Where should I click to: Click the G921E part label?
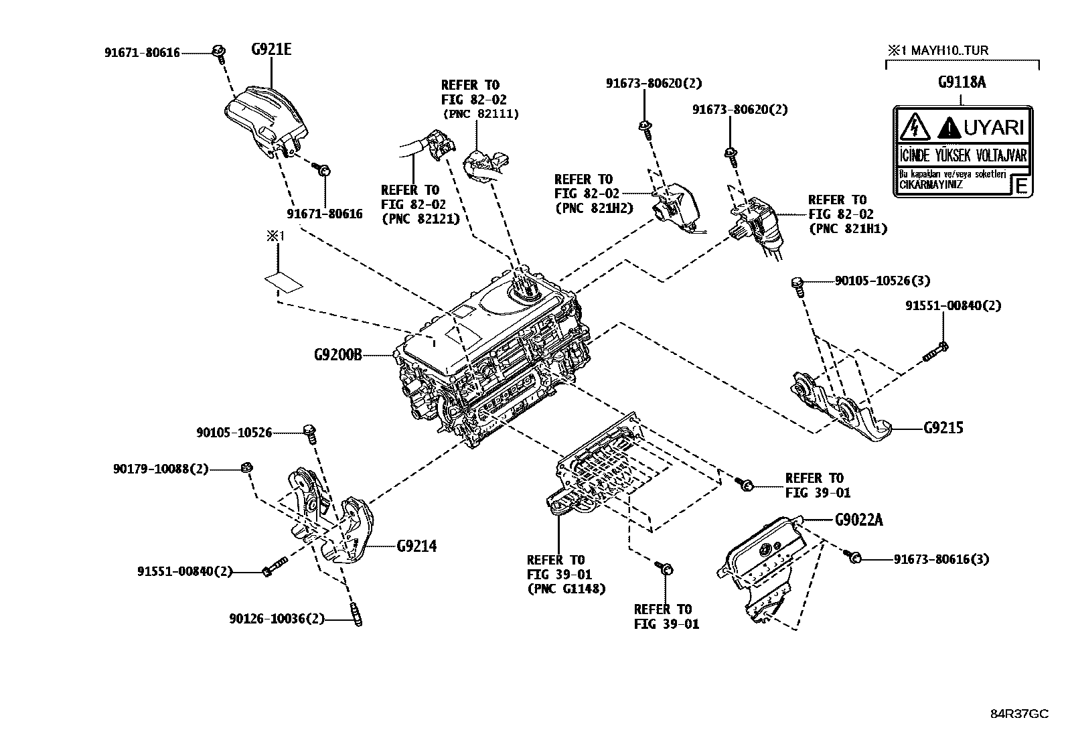click(x=271, y=49)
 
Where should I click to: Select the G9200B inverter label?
click(x=337, y=355)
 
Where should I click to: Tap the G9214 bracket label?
click(x=416, y=546)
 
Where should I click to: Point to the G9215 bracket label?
click(x=943, y=428)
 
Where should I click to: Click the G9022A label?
click(x=859, y=520)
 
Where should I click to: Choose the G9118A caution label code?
click(x=961, y=82)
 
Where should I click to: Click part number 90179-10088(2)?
click(x=161, y=470)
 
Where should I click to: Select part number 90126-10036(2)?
click(x=277, y=619)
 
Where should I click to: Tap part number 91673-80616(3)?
click(x=941, y=559)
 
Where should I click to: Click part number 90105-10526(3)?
click(x=882, y=281)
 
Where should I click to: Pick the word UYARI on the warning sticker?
click(x=993, y=127)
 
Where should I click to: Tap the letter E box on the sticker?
click(x=1020, y=186)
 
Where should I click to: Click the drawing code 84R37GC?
click(x=1019, y=714)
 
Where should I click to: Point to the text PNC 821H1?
click(x=848, y=229)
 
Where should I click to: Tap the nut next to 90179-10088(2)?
click(x=246, y=467)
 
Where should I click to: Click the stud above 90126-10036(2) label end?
click(x=356, y=614)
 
